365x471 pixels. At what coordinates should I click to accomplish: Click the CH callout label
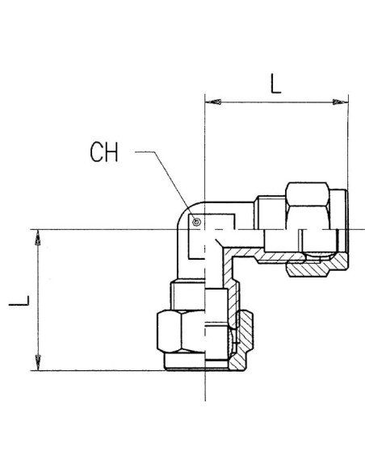pyautogui.click(x=104, y=152)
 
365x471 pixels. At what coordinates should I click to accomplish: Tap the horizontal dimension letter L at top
pyautogui.click(x=275, y=84)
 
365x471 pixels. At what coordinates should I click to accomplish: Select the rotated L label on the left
pyautogui.click(x=19, y=301)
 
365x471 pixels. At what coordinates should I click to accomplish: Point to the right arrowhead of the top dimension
pyautogui.click(x=340, y=102)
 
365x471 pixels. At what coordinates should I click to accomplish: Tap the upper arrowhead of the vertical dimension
pyautogui.click(x=38, y=238)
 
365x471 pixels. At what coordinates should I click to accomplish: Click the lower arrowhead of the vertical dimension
pyautogui.click(x=38, y=363)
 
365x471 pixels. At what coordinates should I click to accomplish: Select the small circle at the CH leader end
pyautogui.click(x=196, y=222)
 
